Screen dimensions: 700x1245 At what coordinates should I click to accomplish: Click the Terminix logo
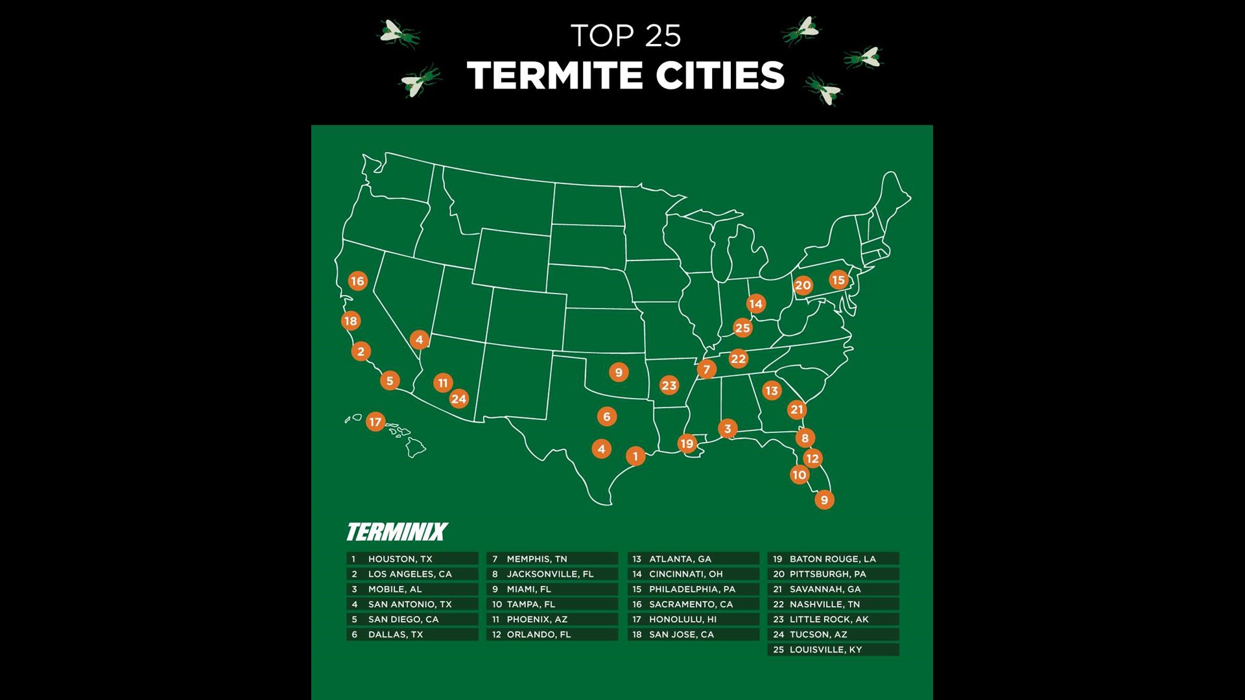pos(397,532)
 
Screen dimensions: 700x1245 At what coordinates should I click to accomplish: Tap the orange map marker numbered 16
pos(357,281)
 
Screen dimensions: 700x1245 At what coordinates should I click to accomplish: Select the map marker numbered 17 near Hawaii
pos(375,422)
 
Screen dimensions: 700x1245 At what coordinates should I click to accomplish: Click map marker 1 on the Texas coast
pos(635,456)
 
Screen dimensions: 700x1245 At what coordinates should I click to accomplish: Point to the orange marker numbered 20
pos(803,285)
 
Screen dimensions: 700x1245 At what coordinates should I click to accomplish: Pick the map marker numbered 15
pos(838,280)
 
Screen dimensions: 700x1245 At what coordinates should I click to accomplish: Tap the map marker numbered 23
pos(669,386)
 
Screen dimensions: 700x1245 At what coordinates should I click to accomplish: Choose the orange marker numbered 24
pos(458,399)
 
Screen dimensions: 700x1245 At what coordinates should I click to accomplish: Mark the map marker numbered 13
pos(771,390)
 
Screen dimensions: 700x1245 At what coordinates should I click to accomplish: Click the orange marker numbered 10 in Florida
pos(800,475)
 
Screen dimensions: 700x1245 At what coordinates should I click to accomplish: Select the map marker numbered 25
pos(742,328)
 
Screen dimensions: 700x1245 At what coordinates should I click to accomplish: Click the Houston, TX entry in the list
pos(412,559)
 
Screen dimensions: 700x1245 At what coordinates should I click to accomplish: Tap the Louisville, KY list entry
pos(833,649)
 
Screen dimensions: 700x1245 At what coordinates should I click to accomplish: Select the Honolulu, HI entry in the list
pos(693,619)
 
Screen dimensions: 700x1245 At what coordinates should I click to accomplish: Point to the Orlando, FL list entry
pos(552,635)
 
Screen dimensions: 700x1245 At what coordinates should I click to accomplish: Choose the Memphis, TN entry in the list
pos(552,559)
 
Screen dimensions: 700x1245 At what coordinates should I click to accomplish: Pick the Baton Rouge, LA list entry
pos(833,559)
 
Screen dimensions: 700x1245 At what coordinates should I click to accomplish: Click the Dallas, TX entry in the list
pos(412,635)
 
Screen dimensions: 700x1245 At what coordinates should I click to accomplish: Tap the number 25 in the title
pos(663,36)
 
